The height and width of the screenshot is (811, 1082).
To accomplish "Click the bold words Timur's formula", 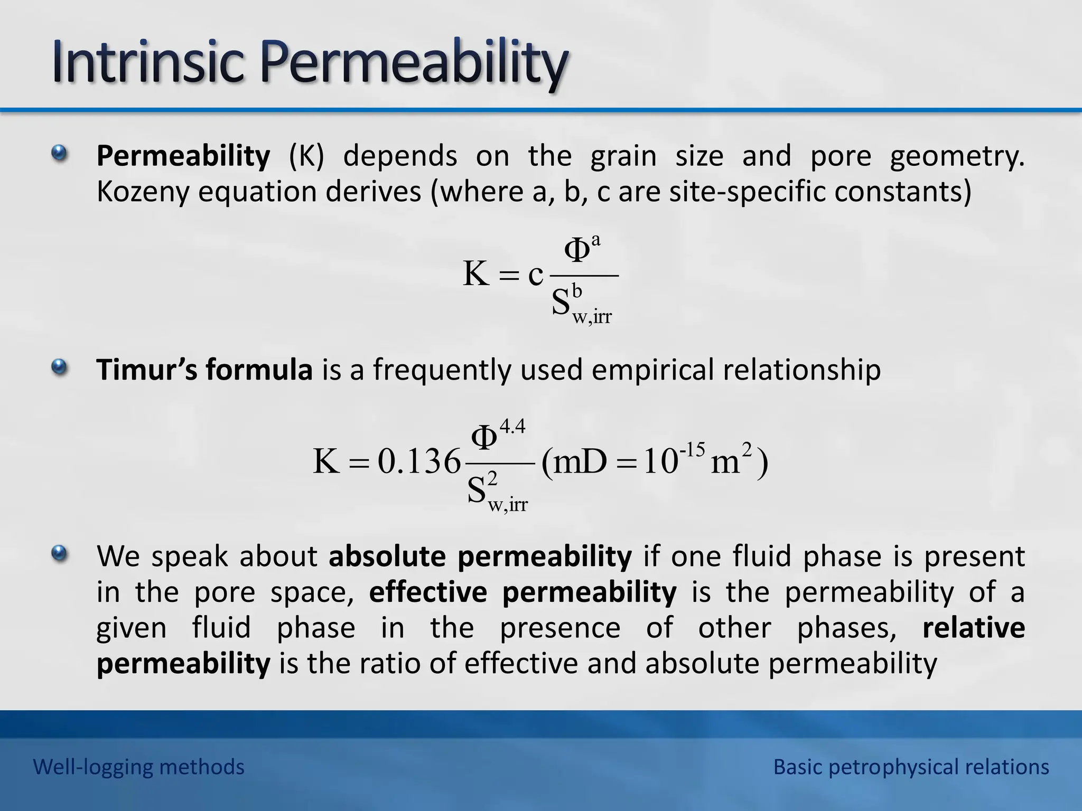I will [x=204, y=369].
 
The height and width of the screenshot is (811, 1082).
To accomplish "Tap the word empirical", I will [x=652, y=369].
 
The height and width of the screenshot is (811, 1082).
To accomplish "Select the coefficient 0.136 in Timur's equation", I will [x=419, y=461].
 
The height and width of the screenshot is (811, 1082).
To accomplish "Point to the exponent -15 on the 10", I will [x=692, y=450].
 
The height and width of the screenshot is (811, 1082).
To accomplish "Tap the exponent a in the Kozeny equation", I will [x=596, y=241].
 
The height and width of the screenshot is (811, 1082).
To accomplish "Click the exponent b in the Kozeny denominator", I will [x=577, y=291].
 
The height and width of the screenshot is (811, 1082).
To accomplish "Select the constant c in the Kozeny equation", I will [x=535, y=274].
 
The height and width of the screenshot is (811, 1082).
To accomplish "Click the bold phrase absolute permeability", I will [x=480, y=556].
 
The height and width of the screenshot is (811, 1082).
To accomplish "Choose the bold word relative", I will [x=973, y=628].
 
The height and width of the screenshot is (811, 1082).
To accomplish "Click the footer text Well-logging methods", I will [x=139, y=767].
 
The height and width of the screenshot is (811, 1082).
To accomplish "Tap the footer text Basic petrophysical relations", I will [x=911, y=767].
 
